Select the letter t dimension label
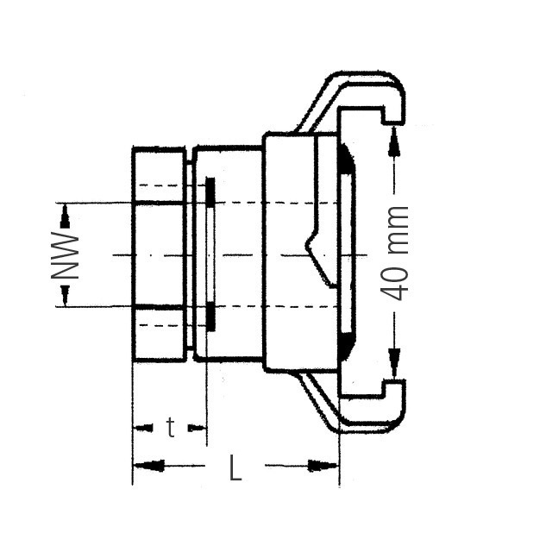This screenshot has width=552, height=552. point(171,427)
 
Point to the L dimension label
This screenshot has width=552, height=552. point(235,468)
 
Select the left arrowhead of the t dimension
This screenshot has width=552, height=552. point(141,427)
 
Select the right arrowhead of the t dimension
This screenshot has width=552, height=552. point(198,427)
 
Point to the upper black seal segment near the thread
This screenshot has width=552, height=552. point(210,191)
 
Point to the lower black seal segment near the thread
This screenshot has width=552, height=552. point(210,317)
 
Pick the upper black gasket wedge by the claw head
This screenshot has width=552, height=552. point(344,158)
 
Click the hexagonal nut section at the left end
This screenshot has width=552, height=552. point(159,254)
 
